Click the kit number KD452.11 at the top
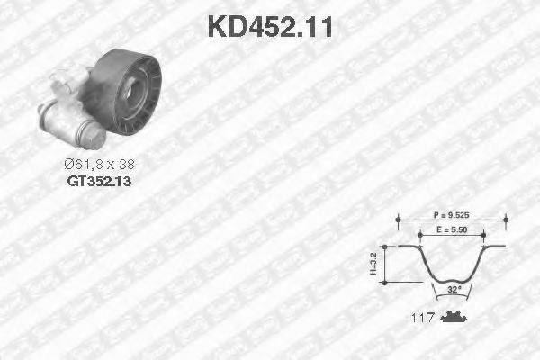(270, 26)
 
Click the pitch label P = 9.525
(453, 216)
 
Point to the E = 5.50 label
(453, 231)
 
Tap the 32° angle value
(452, 290)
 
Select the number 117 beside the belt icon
(422, 318)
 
